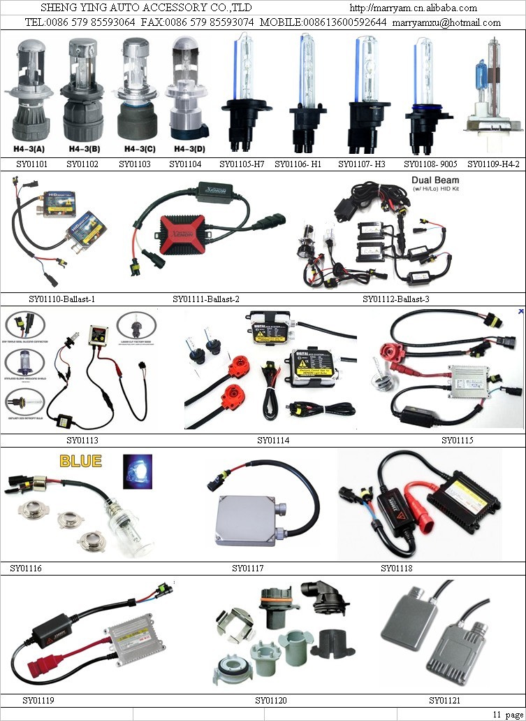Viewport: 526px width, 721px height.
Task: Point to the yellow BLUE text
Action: [80, 462]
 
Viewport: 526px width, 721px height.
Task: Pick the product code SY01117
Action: [248, 569]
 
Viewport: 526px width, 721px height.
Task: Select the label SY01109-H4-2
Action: [494, 164]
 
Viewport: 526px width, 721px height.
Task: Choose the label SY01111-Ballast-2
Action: [206, 299]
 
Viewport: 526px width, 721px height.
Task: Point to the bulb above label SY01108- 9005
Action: [422, 91]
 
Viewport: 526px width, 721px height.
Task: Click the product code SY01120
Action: [271, 700]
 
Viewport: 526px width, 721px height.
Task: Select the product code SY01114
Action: [273, 441]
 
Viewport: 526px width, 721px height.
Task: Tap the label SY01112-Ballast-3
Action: [396, 299]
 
